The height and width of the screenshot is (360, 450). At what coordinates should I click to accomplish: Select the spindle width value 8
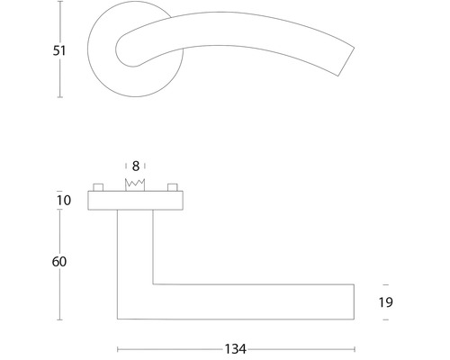135,166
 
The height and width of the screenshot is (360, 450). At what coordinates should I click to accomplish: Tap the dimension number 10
63,200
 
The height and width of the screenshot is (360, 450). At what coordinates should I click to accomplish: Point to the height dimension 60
60,261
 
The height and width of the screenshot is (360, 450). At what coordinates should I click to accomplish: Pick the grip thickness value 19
384,302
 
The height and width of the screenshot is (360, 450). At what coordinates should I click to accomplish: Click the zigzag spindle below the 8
135,184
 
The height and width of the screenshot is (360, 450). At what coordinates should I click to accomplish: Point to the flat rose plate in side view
135,200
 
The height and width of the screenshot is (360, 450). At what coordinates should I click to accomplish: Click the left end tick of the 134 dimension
118,348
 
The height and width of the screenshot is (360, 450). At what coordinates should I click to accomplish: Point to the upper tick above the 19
384,282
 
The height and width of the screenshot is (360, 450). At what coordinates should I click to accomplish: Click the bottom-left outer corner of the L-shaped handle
118,319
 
